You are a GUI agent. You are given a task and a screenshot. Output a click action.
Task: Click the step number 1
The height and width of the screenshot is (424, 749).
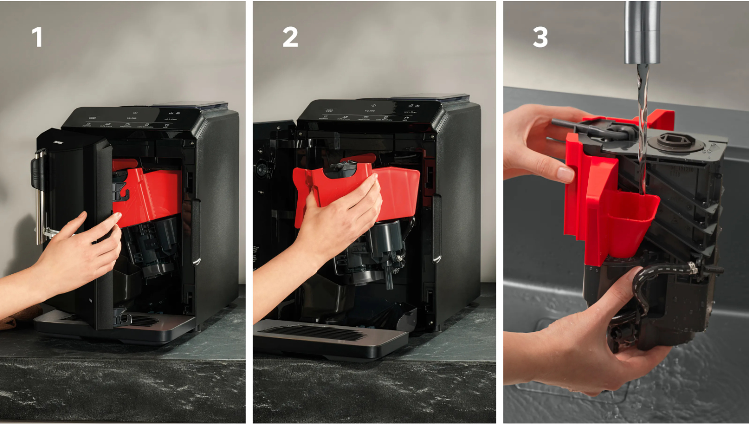coord(37,37)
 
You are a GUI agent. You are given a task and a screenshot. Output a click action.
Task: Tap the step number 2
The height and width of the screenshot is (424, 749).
coord(290,37)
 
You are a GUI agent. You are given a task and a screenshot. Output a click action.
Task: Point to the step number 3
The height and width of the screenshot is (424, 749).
coord(540,37)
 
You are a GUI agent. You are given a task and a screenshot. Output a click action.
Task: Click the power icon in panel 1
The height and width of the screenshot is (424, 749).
coord(135,113)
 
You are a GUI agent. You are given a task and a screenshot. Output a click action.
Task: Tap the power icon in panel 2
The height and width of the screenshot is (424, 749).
coord(373,105)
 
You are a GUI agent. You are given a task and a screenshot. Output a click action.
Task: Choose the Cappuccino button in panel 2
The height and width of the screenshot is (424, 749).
coord(363,118)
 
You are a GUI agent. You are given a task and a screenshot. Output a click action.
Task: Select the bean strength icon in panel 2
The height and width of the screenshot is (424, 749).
coord(330,110)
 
